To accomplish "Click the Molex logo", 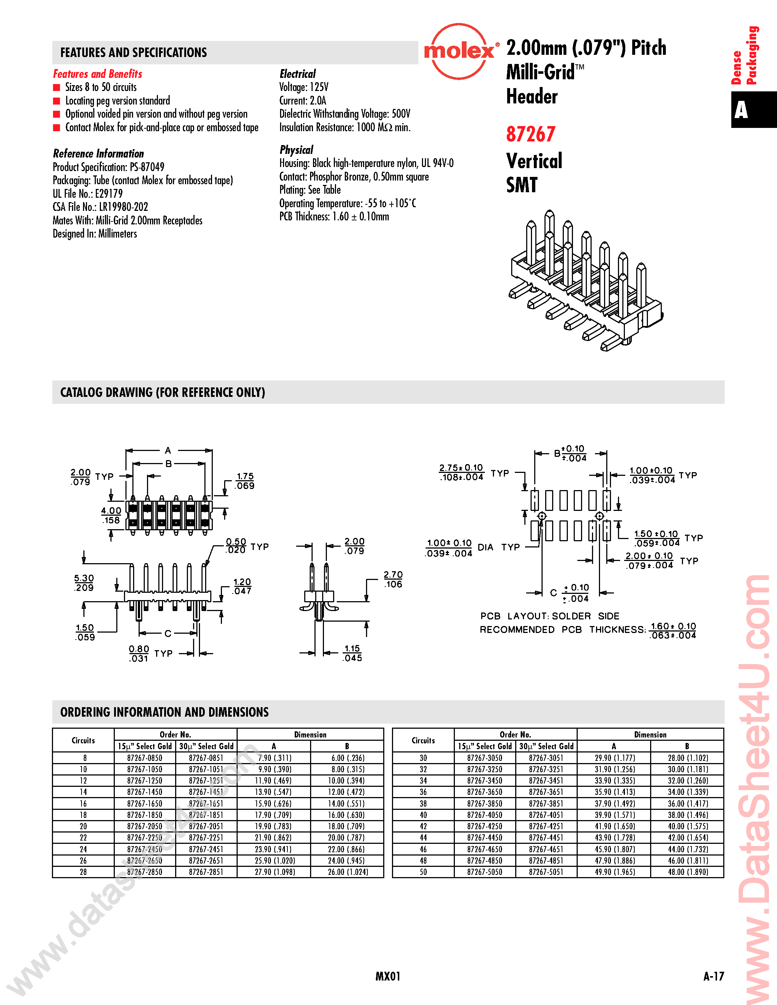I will [459, 51].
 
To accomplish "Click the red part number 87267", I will [531, 134].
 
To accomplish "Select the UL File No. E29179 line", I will [87, 194].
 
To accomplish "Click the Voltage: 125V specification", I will [304, 87].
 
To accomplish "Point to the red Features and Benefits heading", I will [98, 73].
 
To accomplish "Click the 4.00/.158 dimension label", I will [111, 515].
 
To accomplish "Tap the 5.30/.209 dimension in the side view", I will [84, 583].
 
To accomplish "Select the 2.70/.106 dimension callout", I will [393, 579].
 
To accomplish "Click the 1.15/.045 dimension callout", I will [352, 653].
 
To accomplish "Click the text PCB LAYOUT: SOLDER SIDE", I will [550, 616].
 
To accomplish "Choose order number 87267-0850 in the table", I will [144, 758].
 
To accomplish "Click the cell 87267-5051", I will [546, 872].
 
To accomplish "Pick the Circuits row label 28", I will [83, 872].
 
